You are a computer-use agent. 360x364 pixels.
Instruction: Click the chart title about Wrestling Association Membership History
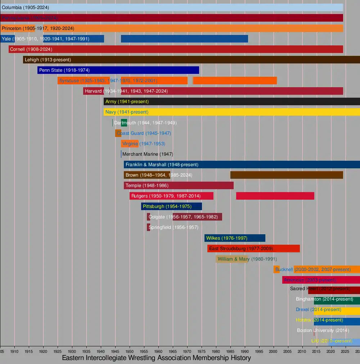click(156, 358)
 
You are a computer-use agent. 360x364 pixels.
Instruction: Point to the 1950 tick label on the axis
click(130, 351)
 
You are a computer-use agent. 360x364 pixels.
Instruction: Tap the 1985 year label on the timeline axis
click(230, 351)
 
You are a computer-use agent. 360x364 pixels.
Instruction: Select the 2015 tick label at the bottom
click(316, 351)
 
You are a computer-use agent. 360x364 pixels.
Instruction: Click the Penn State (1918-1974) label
click(64, 70)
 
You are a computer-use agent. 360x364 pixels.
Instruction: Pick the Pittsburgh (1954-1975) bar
click(171, 207)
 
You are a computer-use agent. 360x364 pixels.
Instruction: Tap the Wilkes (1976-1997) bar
click(235, 238)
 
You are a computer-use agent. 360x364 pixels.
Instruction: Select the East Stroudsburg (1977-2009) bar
click(253, 249)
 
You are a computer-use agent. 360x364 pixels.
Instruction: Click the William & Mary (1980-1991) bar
click(232, 259)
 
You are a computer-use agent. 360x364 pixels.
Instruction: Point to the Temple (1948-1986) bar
click(179, 186)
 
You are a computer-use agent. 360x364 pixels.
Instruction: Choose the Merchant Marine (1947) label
click(148, 154)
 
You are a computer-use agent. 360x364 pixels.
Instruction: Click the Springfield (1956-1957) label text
click(173, 227)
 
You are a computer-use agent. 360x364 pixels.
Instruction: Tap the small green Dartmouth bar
click(124, 123)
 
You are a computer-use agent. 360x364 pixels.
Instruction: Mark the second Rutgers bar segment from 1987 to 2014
click(275, 196)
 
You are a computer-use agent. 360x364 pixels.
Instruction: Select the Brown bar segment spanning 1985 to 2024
click(287, 175)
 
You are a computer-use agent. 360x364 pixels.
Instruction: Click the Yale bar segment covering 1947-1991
click(184, 39)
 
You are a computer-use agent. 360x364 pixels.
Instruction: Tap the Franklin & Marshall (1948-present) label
click(162, 165)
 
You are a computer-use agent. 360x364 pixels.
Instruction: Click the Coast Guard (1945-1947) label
click(144, 133)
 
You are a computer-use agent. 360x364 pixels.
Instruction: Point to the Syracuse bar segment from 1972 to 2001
click(235, 81)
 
